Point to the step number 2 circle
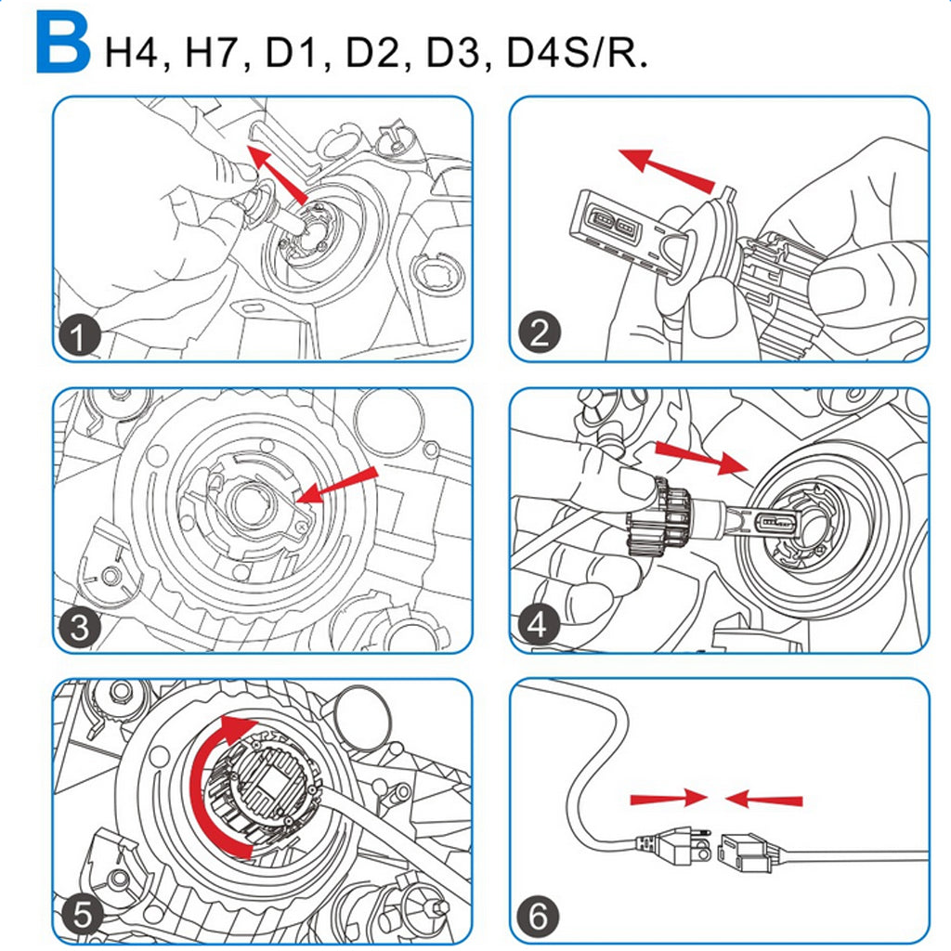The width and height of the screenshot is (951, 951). (539, 332)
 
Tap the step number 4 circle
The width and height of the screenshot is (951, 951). (539, 625)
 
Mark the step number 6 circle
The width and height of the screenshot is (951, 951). (539, 918)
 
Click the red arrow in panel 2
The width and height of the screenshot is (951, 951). (667, 167)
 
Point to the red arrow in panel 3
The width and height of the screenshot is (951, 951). (339, 486)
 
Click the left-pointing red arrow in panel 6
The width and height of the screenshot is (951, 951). (763, 798)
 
